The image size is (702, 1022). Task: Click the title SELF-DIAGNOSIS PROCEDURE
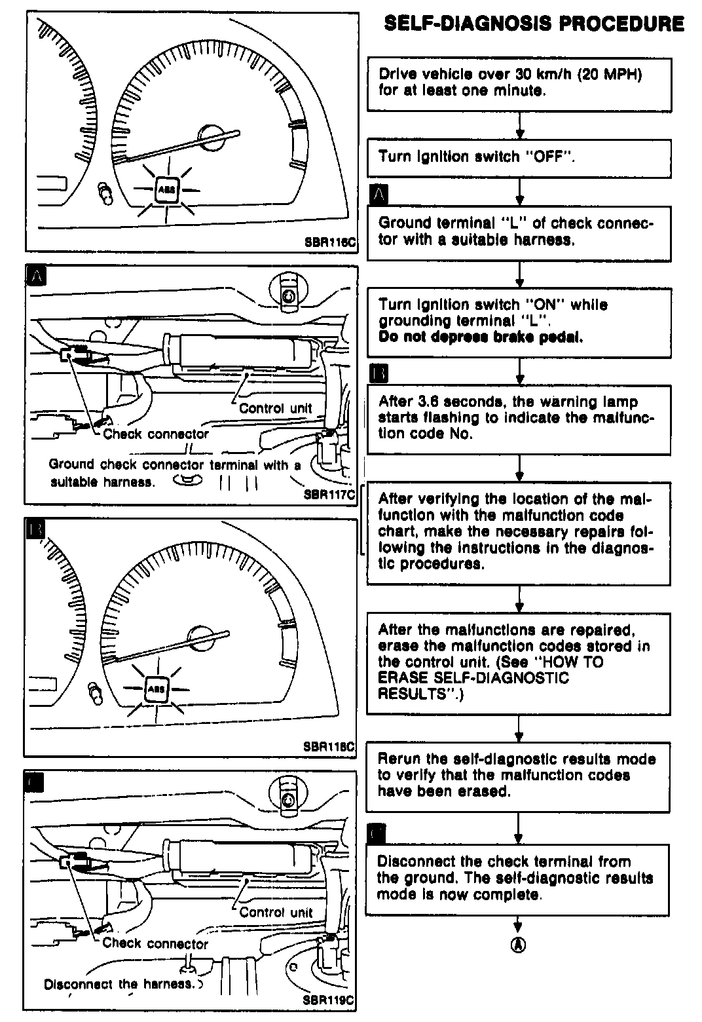pos(534,24)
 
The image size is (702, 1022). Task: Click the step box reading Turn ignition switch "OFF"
pos(519,158)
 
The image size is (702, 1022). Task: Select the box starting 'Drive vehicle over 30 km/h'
pos(519,83)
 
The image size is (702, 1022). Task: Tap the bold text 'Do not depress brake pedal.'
pos(481,337)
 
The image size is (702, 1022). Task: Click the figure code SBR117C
pos(329,495)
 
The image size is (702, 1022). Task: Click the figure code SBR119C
pos(329,1000)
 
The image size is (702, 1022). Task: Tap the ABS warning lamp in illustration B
pos(157,689)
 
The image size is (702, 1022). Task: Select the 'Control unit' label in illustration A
pos(276,408)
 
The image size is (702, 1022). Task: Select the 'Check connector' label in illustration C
pos(155,943)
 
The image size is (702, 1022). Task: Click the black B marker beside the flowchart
pos(379,373)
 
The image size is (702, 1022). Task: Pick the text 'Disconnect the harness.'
pos(120,984)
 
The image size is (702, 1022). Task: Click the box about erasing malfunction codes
pos(519,662)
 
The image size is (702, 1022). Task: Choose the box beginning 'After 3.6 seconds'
pos(519,419)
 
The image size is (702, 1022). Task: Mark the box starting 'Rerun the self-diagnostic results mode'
pos(519,776)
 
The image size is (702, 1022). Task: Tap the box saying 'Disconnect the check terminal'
pos(519,879)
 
